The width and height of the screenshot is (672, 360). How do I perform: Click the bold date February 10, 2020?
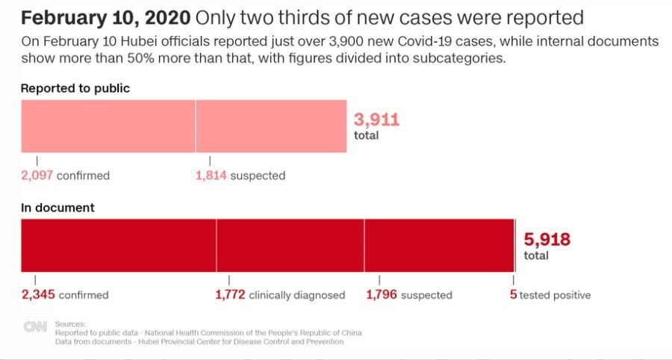[x=105, y=17]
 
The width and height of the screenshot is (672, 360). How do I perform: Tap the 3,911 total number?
[x=376, y=120]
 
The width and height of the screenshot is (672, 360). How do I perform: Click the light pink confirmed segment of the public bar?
[x=108, y=126]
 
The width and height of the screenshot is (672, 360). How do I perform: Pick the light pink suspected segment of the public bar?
[x=271, y=126]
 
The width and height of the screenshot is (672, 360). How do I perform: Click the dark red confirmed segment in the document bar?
[x=118, y=245]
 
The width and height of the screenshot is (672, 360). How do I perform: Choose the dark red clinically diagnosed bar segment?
[x=290, y=245]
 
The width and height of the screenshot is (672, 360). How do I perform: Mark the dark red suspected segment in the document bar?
[x=439, y=245]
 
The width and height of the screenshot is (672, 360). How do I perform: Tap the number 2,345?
[x=38, y=295]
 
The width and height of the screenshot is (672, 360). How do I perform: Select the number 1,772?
[x=230, y=295]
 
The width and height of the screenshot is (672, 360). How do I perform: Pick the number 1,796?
[x=382, y=295]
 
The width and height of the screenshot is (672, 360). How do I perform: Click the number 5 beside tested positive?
[x=514, y=295]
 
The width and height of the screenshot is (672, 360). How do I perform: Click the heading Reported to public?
[x=75, y=88]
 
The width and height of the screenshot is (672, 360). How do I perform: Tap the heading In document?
[x=57, y=208]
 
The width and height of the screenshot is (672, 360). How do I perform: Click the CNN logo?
[x=35, y=326]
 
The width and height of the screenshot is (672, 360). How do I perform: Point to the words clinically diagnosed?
[x=297, y=295]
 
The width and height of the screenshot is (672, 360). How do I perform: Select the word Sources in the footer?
[x=71, y=323]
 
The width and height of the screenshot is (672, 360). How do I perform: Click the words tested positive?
[x=555, y=295]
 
